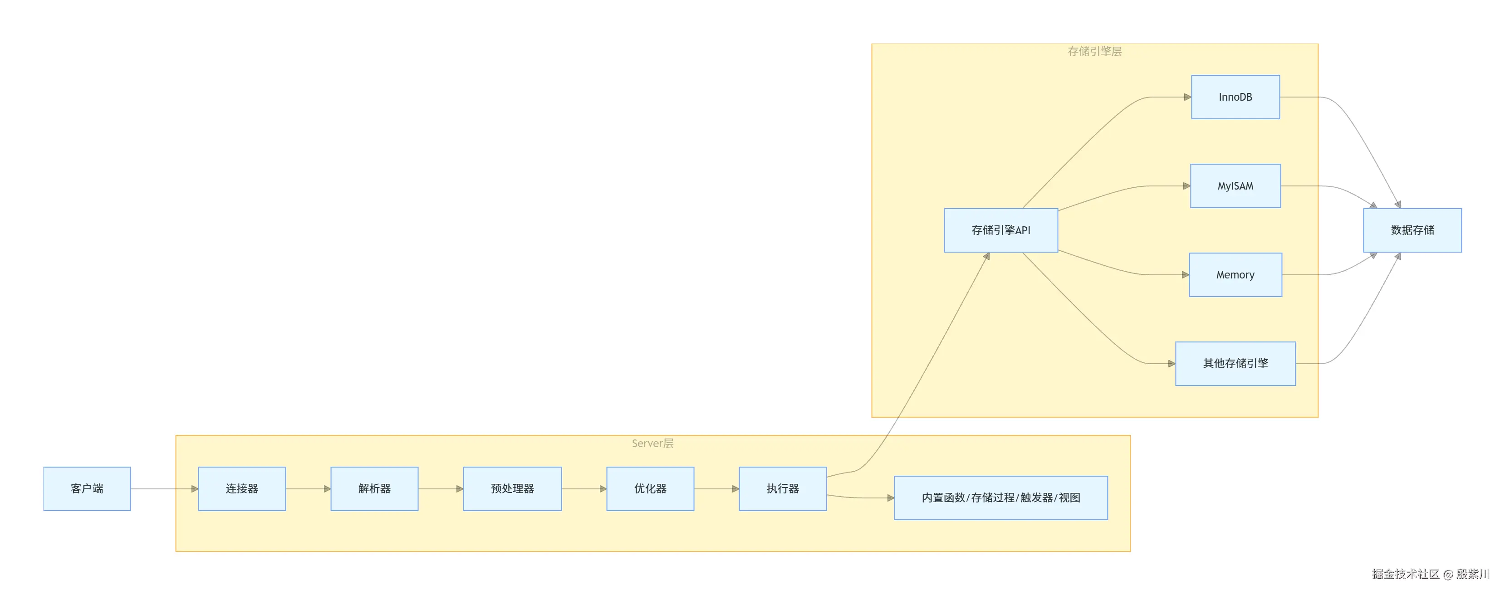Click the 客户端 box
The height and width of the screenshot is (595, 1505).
click(x=87, y=489)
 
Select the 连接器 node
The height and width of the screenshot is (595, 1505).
click(x=242, y=489)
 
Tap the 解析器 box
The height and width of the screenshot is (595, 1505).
click(x=374, y=489)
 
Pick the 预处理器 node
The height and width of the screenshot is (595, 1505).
click(x=512, y=489)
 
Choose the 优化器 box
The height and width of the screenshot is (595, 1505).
click(x=650, y=489)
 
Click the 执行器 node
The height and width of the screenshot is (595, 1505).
click(x=783, y=489)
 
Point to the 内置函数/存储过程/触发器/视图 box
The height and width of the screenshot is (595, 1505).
click(x=1001, y=498)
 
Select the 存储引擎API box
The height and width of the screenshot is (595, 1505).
click(x=1001, y=230)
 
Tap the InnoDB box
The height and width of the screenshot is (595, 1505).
click(x=1235, y=97)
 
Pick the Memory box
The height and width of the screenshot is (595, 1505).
click(x=1235, y=275)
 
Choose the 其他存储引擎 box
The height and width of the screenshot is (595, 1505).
click(x=1235, y=364)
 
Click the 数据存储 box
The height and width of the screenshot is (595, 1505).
click(x=1412, y=230)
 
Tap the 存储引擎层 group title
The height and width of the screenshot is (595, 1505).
click(x=1094, y=51)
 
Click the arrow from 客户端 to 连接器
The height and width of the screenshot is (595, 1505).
click(x=164, y=489)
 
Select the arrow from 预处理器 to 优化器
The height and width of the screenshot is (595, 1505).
click(x=583, y=489)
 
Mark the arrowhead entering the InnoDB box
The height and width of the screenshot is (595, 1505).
click(x=1187, y=97)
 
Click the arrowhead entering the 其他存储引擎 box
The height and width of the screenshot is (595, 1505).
click(x=1172, y=364)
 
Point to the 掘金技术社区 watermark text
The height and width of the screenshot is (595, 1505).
click(x=1406, y=574)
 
